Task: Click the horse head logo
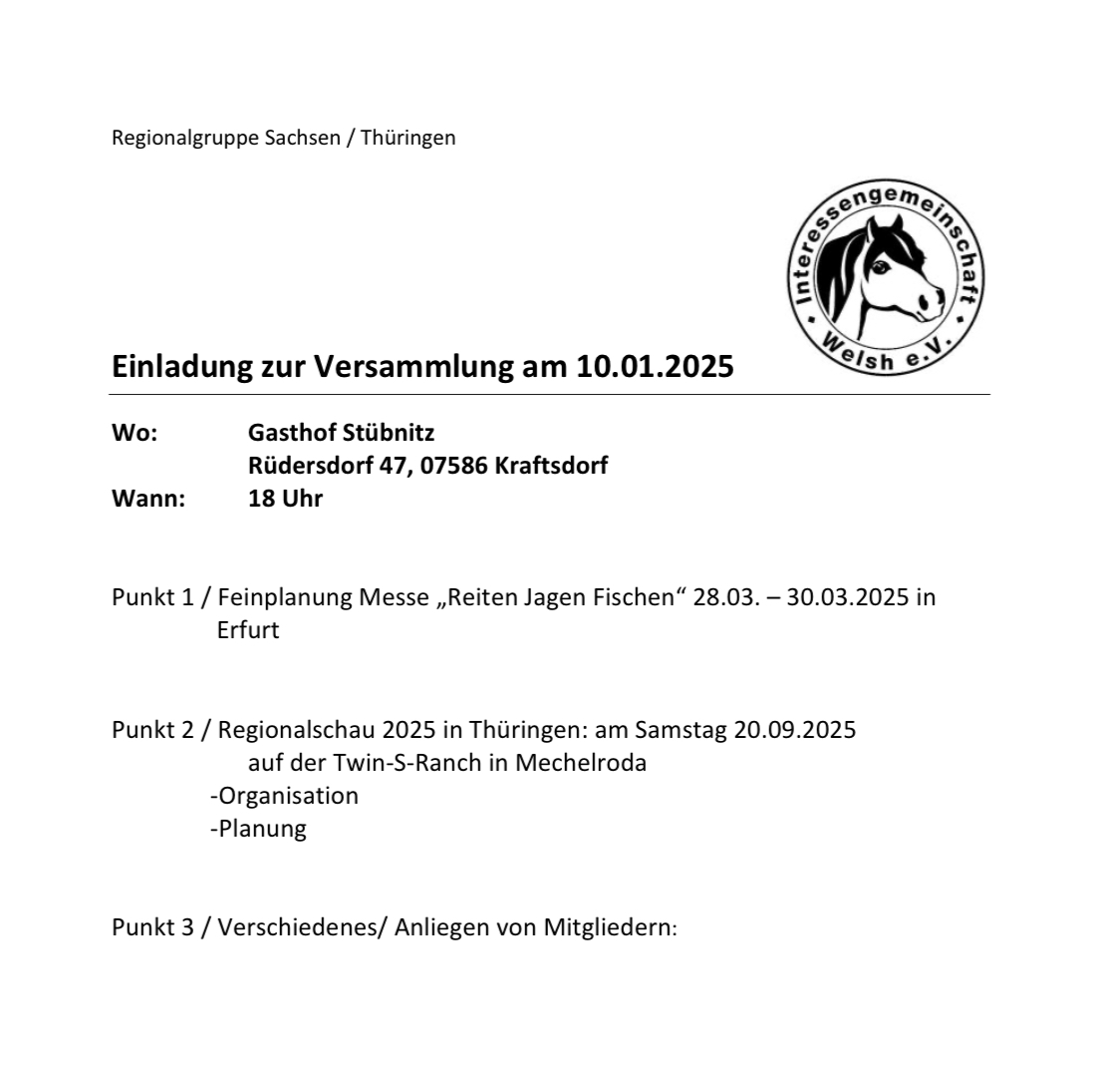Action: coord(885,277)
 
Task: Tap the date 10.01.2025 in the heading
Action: coord(655,367)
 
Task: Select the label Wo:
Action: coord(135,434)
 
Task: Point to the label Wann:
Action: coord(148,499)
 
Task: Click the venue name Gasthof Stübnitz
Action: coord(341,434)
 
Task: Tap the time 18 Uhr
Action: coord(285,499)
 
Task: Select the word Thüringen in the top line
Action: coord(408,138)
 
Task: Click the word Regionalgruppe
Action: coord(186,138)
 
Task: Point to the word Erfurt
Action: coord(247,630)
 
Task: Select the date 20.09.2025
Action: coord(794,730)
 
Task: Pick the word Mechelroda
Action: coord(581,763)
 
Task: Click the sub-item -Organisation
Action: coord(284,796)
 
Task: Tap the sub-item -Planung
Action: coord(258,829)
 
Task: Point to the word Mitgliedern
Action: coord(608,927)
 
